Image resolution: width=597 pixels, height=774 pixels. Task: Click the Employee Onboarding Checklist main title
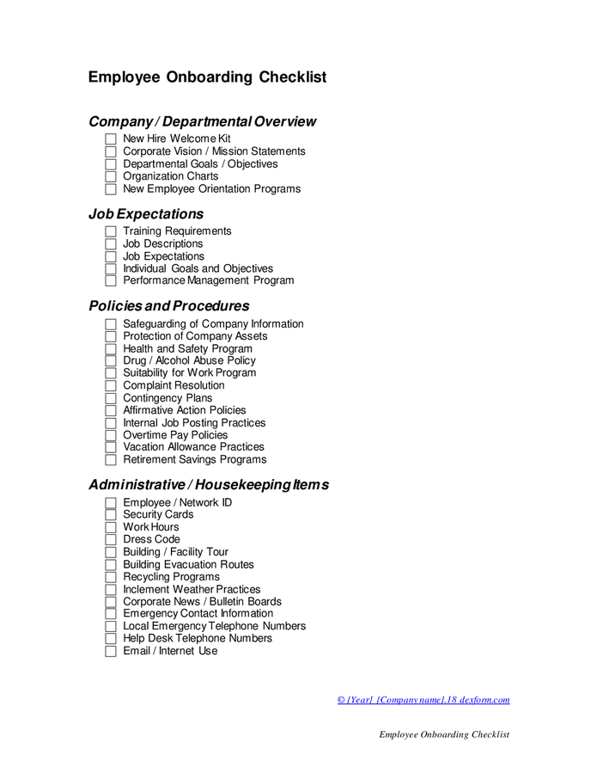click(x=207, y=77)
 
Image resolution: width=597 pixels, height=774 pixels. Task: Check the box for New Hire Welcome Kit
click(x=110, y=138)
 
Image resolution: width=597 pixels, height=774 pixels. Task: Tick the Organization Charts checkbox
click(x=110, y=176)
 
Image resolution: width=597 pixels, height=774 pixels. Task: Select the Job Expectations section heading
click(x=146, y=214)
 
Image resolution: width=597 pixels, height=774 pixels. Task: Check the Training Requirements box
click(x=110, y=231)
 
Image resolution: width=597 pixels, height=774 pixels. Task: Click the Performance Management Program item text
click(x=208, y=280)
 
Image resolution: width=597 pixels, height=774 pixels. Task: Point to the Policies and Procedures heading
click(x=168, y=306)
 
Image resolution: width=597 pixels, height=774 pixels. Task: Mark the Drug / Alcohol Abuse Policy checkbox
click(x=110, y=361)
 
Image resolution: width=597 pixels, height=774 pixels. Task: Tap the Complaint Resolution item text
click(x=174, y=385)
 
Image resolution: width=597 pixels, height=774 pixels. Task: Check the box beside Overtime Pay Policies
click(x=110, y=435)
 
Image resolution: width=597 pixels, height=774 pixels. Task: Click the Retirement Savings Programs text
click(x=194, y=459)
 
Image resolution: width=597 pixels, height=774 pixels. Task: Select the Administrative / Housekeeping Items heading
click(x=208, y=485)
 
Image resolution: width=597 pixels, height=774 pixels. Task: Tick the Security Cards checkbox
click(x=110, y=515)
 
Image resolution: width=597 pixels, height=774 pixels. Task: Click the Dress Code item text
click(x=151, y=539)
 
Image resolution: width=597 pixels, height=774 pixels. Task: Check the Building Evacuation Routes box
click(x=110, y=565)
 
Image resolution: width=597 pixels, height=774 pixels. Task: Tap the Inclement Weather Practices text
click(x=192, y=589)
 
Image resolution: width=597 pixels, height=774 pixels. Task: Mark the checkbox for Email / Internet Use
click(x=110, y=651)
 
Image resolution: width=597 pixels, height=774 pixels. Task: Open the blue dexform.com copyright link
click(x=423, y=700)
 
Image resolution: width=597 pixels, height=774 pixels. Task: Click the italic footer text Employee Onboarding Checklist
click(x=444, y=734)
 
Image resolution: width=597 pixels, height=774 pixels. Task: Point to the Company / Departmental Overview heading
click(x=202, y=122)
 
